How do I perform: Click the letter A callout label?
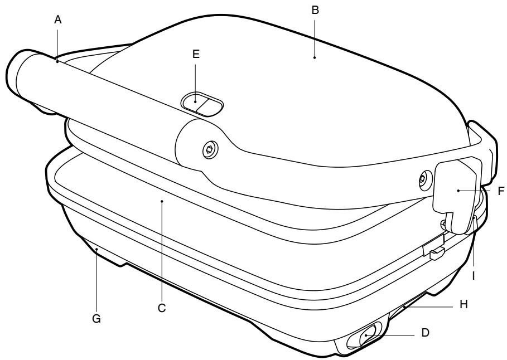pos(57,20)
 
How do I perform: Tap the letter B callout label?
pos(315,11)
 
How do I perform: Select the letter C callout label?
pos(162,308)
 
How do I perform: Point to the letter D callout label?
pos(425,332)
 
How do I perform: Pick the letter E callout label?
pos(196,54)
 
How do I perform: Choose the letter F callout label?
pos(501,191)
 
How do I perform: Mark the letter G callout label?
pos(96,319)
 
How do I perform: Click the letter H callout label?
pos(464,304)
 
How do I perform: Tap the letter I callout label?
pos(474,276)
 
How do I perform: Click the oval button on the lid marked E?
pos(202,104)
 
